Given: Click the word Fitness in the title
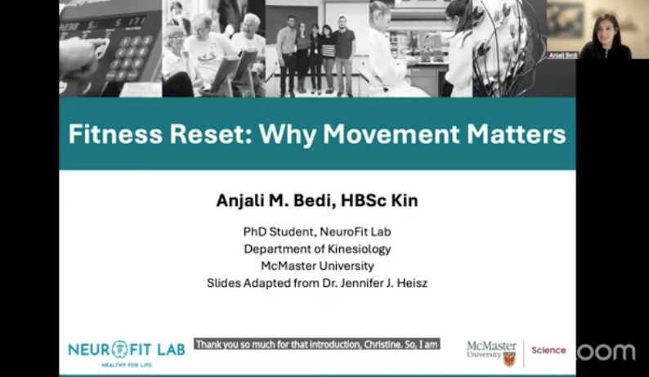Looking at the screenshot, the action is pyautogui.click(x=115, y=134).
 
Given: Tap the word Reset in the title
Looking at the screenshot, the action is pyautogui.click(x=211, y=134).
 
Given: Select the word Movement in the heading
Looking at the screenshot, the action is pyautogui.click(x=392, y=134).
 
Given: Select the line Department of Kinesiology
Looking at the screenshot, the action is pyautogui.click(x=317, y=249).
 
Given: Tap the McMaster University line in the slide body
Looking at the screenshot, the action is pyautogui.click(x=317, y=266).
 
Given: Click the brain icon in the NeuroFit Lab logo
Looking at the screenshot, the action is pyautogui.click(x=120, y=349).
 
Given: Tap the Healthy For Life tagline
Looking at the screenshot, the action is pyautogui.click(x=127, y=365).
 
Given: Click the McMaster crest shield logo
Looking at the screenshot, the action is pyautogui.click(x=509, y=360).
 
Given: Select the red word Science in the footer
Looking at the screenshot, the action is pyautogui.click(x=548, y=351).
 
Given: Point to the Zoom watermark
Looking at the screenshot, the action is pyautogui.click(x=606, y=352).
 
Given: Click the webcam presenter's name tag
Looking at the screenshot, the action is pyautogui.click(x=563, y=55).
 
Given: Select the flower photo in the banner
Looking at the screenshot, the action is pyautogui.click(x=510, y=48).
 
